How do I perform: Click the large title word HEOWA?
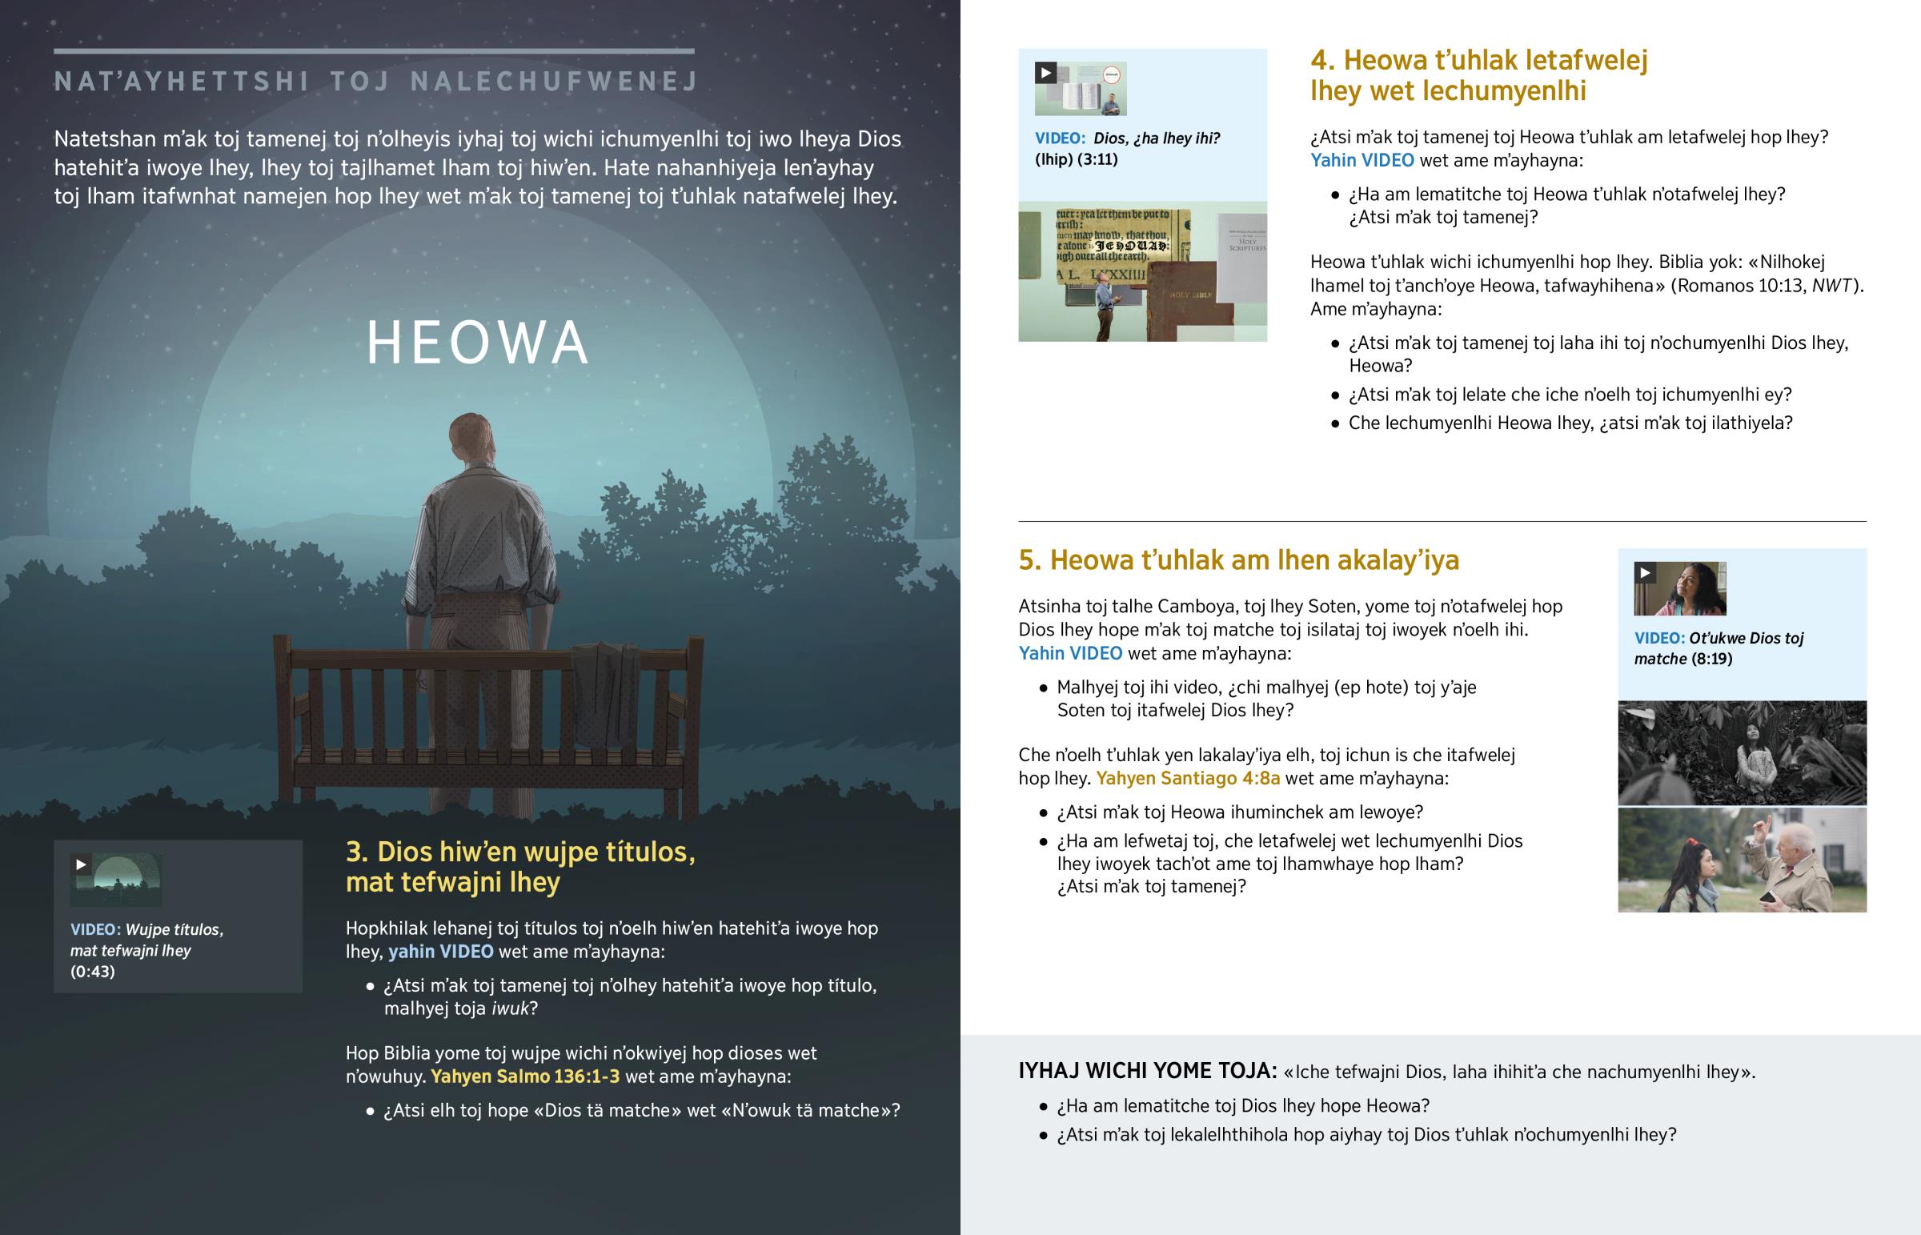(477, 343)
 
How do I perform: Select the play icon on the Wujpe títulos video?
(81, 864)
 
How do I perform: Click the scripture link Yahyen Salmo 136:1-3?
(525, 1077)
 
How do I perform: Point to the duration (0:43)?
(92, 972)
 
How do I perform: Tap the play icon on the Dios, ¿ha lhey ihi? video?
(1045, 73)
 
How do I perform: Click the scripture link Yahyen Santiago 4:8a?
(1187, 778)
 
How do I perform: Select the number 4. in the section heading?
(1323, 61)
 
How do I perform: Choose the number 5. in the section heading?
(1030, 559)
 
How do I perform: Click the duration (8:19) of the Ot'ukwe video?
(1712, 660)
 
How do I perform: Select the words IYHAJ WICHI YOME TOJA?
(1147, 1072)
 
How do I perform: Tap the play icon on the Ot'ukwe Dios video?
(1645, 572)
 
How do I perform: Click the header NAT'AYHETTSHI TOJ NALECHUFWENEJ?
(376, 82)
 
